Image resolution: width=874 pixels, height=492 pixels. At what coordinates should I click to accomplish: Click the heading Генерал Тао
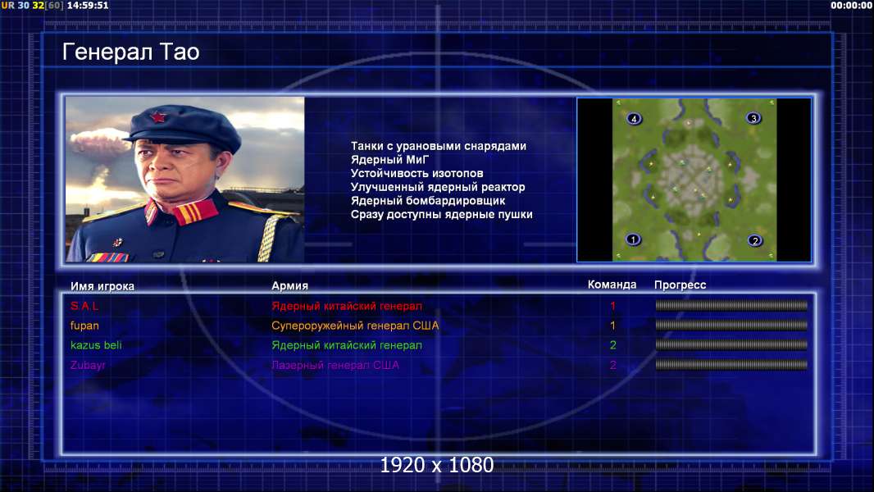[130, 52]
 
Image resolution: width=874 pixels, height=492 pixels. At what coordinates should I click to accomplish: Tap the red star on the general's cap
[157, 117]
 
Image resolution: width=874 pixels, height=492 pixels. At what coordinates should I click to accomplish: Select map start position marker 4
[634, 119]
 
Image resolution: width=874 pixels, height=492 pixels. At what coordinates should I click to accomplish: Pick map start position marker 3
[753, 118]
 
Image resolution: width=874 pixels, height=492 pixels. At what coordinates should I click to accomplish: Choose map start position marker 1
[633, 239]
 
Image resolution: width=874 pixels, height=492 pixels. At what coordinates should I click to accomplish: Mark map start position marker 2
[755, 241]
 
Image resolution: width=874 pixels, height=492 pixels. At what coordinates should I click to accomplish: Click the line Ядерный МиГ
[389, 160]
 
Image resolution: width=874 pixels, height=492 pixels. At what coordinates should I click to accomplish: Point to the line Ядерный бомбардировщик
[427, 201]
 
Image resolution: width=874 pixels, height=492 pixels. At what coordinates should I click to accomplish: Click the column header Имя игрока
[102, 286]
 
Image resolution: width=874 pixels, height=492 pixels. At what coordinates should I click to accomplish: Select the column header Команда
[612, 285]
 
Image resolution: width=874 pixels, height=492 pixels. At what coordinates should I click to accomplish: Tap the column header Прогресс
[680, 285]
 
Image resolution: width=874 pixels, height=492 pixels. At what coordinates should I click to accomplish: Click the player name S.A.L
[84, 306]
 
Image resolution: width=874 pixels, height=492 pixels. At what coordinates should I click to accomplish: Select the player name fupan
[84, 326]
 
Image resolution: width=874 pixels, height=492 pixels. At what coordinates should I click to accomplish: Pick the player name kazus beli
[96, 345]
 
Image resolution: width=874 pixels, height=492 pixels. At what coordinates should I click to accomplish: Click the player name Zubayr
[88, 365]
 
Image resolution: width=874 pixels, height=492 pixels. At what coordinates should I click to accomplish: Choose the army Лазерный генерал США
[335, 365]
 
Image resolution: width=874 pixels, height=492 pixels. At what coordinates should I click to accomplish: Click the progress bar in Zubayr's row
[731, 365]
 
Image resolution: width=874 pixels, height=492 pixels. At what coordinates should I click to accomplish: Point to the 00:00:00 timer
[851, 6]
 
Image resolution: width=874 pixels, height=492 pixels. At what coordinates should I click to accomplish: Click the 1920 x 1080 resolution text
[436, 465]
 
